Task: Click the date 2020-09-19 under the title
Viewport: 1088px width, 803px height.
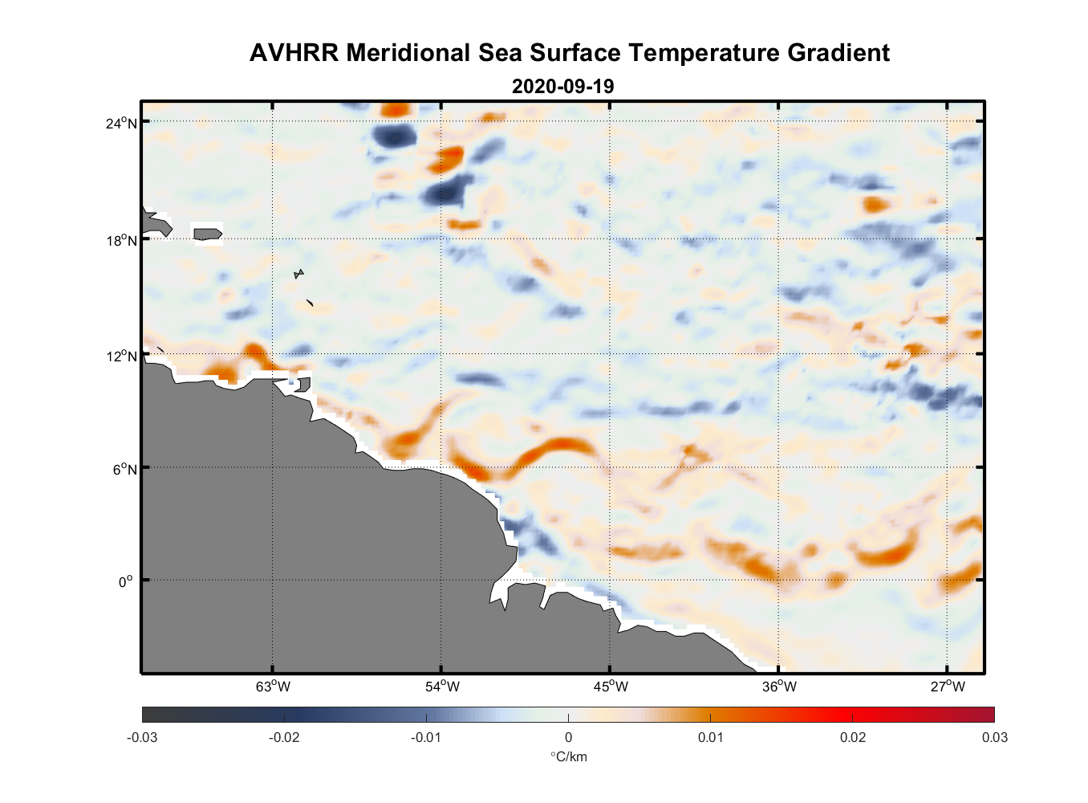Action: pyautogui.click(x=562, y=87)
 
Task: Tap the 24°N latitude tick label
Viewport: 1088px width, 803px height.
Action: pyautogui.click(x=121, y=123)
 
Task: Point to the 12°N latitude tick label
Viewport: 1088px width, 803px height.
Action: pyautogui.click(x=121, y=356)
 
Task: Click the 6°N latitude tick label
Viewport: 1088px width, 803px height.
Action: pyautogui.click(x=124, y=469)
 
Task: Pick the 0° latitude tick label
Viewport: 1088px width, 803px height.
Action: pyautogui.click(x=126, y=581)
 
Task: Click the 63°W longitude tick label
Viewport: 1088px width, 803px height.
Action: pyautogui.click(x=273, y=687)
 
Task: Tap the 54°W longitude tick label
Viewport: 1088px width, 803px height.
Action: pyautogui.click(x=442, y=687)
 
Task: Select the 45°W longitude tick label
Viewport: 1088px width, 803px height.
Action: pyautogui.click(x=611, y=687)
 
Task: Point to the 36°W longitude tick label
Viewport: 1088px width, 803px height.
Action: pyautogui.click(x=779, y=687)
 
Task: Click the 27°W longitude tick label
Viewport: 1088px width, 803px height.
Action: pyautogui.click(x=948, y=687)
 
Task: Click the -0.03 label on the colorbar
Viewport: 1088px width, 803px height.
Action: pyautogui.click(x=142, y=738)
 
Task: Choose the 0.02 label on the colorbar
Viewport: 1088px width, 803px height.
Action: pyautogui.click(x=853, y=738)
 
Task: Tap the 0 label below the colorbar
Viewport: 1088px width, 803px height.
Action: pyautogui.click(x=568, y=738)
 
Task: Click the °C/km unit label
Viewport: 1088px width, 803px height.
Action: pyautogui.click(x=568, y=756)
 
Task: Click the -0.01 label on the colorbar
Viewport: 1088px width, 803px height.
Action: pyautogui.click(x=426, y=738)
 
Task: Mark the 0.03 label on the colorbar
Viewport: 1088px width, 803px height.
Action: pyautogui.click(x=995, y=738)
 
